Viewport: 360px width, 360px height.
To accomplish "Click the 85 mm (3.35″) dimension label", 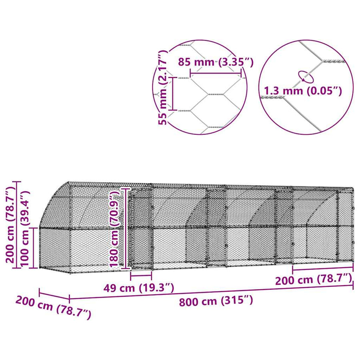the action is [x=216, y=62].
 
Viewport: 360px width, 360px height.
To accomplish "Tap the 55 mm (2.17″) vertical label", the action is [x=163, y=88].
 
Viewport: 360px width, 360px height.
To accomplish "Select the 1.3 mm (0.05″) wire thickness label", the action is [x=303, y=91].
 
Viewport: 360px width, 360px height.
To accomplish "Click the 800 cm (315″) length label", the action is [x=216, y=301].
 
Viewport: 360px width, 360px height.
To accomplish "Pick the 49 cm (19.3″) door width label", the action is [x=139, y=288].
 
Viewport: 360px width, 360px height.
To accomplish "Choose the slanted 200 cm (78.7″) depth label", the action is [x=54, y=307].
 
